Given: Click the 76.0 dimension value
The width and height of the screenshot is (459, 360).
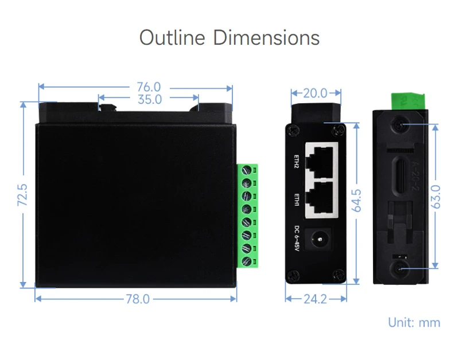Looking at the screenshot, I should [x=149, y=87].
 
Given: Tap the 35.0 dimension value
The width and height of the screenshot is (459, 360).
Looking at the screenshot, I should [x=149, y=99].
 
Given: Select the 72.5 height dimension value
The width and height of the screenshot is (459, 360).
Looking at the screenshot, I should [x=23, y=195].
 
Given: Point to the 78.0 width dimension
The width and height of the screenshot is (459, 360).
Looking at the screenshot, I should [x=137, y=299].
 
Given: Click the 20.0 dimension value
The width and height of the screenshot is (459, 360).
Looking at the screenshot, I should [x=315, y=93].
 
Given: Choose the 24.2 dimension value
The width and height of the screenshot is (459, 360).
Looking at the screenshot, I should [x=315, y=299].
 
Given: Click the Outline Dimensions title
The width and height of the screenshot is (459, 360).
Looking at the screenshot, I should [x=229, y=38].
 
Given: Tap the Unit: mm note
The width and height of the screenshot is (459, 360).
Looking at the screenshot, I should [x=414, y=322].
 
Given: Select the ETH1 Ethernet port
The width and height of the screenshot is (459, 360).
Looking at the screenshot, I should [x=322, y=197].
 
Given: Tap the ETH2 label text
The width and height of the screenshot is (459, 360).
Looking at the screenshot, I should [x=297, y=162].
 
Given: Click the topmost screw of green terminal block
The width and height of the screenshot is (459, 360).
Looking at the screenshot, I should [x=248, y=171].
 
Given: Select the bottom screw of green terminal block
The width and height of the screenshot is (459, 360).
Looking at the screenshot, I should [x=248, y=262].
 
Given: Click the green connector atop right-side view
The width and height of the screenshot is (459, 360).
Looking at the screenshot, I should [x=408, y=100].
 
